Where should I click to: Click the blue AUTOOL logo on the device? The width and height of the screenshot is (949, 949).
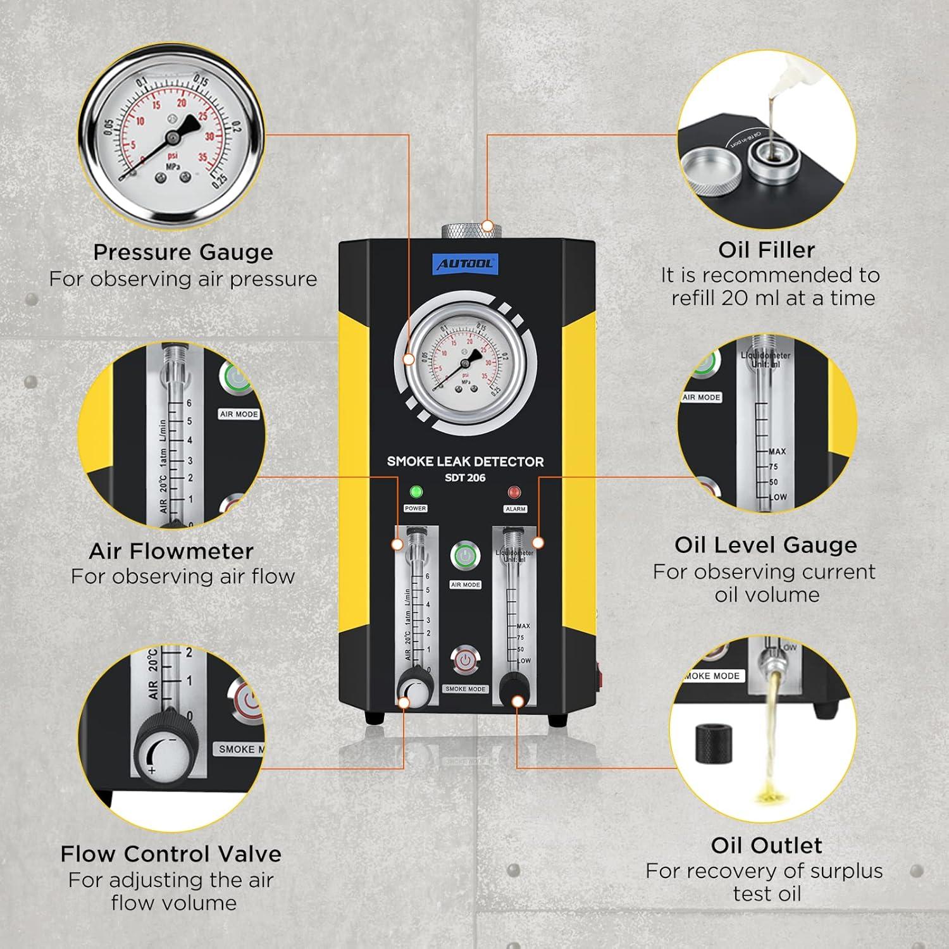pos(466,264)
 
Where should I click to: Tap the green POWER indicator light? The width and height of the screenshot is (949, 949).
pos(416,492)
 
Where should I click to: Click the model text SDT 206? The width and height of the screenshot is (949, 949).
pos(465,478)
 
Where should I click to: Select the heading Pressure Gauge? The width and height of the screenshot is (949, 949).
pos(183,252)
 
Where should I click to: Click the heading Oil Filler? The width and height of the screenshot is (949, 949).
pos(766,249)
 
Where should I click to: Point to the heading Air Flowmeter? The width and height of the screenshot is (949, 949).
pos(171,550)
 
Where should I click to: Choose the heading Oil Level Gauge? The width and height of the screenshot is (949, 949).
pos(766,545)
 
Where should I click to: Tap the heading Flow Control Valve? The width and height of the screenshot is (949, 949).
pos(171,853)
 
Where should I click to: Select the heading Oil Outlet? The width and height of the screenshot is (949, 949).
pos(766,845)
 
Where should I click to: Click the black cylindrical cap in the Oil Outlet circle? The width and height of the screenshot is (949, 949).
pos(714,743)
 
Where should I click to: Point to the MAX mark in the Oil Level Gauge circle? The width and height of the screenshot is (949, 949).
pos(777,451)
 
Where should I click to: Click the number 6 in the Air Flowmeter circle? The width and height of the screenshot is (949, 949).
pos(189,403)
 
